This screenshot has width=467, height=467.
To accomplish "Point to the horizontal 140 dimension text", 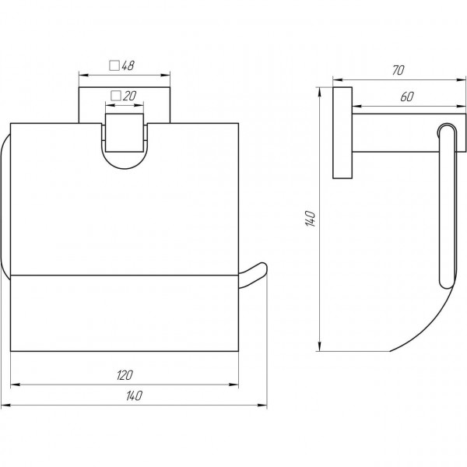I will tap(134, 397).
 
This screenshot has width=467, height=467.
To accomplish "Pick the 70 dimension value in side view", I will tap(397, 71).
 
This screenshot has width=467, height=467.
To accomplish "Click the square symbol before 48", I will tap(114, 66).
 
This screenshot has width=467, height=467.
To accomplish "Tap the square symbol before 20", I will tap(115, 95).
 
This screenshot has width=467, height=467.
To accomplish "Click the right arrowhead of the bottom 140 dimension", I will tap(263, 405).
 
